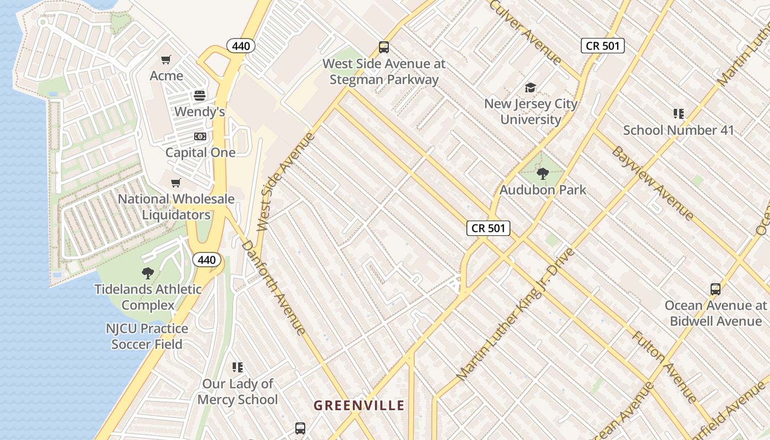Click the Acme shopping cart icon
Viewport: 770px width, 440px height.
(x=166, y=59)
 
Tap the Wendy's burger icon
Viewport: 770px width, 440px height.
(x=200, y=96)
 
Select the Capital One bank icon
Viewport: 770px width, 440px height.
(x=200, y=136)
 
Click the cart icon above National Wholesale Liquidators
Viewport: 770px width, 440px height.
(x=176, y=183)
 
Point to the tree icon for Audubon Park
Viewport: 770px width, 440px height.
(x=543, y=174)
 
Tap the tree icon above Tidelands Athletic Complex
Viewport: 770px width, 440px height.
(x=147, y=273)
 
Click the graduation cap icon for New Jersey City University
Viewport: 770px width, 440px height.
(x=530, y=87)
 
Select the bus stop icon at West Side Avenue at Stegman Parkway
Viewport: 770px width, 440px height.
(x=384, y=47)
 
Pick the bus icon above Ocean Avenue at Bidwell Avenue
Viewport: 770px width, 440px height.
(x=716, y=289)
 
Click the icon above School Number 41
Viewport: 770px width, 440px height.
(x=679, y=114)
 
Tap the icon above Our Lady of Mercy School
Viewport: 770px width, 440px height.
(x=238, y=367)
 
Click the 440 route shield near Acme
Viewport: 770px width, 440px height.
(x=241, y=46)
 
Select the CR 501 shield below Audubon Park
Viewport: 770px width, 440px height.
(x=488, y=228)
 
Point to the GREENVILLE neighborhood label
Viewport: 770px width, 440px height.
(x=359, y=406)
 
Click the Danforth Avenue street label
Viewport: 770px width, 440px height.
(x=273, y=287)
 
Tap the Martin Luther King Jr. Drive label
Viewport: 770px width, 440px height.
(x=516, y=315)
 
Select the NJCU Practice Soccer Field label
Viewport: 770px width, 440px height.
(x=147, y=337)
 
